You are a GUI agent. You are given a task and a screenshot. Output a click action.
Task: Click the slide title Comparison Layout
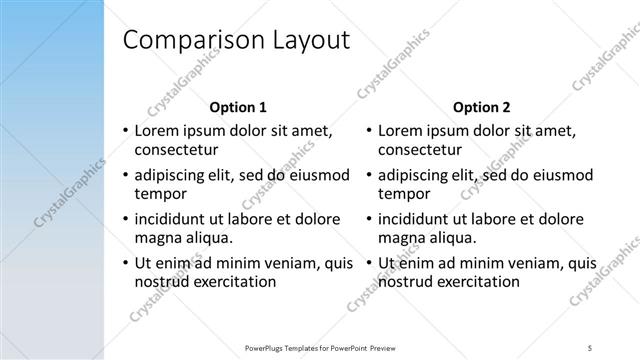235,41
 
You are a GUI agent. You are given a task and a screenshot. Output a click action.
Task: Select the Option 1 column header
237,107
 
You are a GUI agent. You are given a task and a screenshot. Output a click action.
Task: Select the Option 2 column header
481,107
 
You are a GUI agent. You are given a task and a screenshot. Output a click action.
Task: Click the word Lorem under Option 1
158,130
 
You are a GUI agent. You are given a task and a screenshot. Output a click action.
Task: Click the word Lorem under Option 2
402,130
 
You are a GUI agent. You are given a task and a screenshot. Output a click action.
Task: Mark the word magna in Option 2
400,238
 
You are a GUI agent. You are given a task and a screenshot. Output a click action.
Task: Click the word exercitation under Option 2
476,282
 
